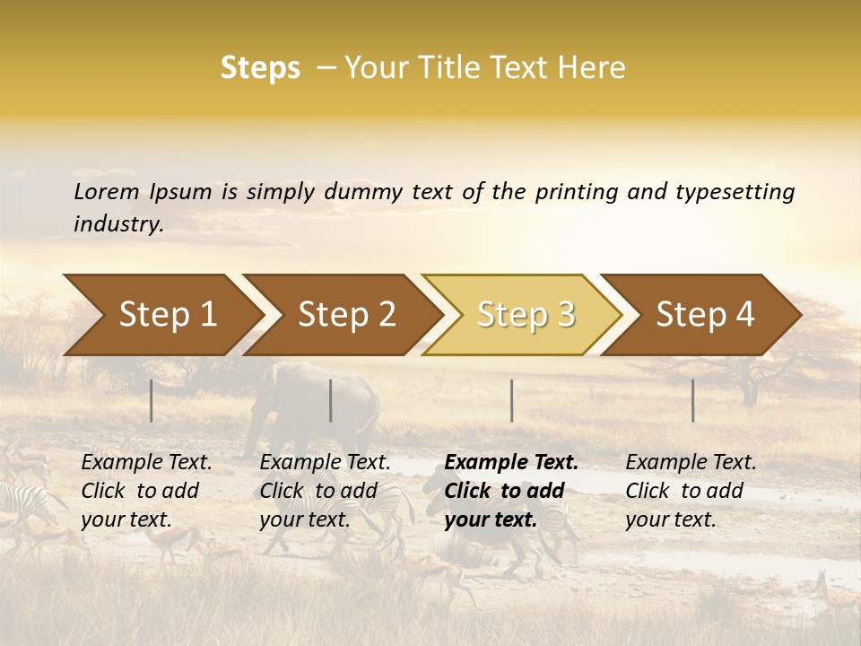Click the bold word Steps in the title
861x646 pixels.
(260, 67)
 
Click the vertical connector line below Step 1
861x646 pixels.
(152, 400)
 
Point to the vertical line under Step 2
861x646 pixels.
(331, 400)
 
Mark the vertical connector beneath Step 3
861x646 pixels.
(511, 400)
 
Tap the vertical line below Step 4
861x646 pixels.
(692, 400)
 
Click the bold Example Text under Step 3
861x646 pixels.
(511, 491)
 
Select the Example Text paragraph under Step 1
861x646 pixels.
(146, 491)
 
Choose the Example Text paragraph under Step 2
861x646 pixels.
(325, 491)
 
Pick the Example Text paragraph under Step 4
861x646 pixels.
(691, 491)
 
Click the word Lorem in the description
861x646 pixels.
(107, 191)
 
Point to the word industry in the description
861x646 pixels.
(117, 224)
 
